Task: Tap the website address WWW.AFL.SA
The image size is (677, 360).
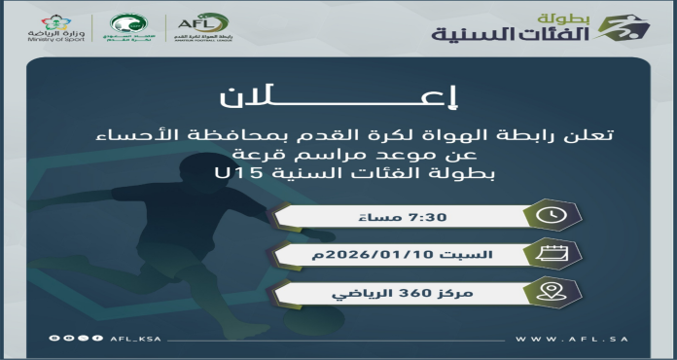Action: click(586, 339)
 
